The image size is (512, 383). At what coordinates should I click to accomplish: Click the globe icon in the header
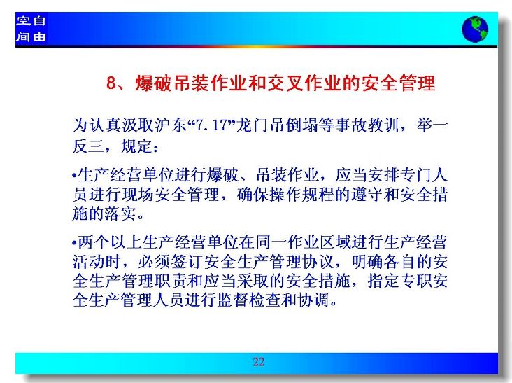tap(475, 29)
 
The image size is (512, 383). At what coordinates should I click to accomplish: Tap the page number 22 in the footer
tap(258, 362)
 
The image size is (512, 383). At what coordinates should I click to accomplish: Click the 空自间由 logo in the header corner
tap(31, 29)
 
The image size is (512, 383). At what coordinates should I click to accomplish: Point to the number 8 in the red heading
tap(111, 83)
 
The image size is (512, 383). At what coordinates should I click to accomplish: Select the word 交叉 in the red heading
tap(285, 83)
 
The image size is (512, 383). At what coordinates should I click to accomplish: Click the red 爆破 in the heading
tap(153, 83)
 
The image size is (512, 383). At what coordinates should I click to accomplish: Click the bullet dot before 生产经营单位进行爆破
tap(74, 176)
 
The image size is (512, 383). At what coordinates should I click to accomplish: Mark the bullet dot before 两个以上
tap(74, 243)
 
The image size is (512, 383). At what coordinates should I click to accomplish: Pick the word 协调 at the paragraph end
tap(313, 300)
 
